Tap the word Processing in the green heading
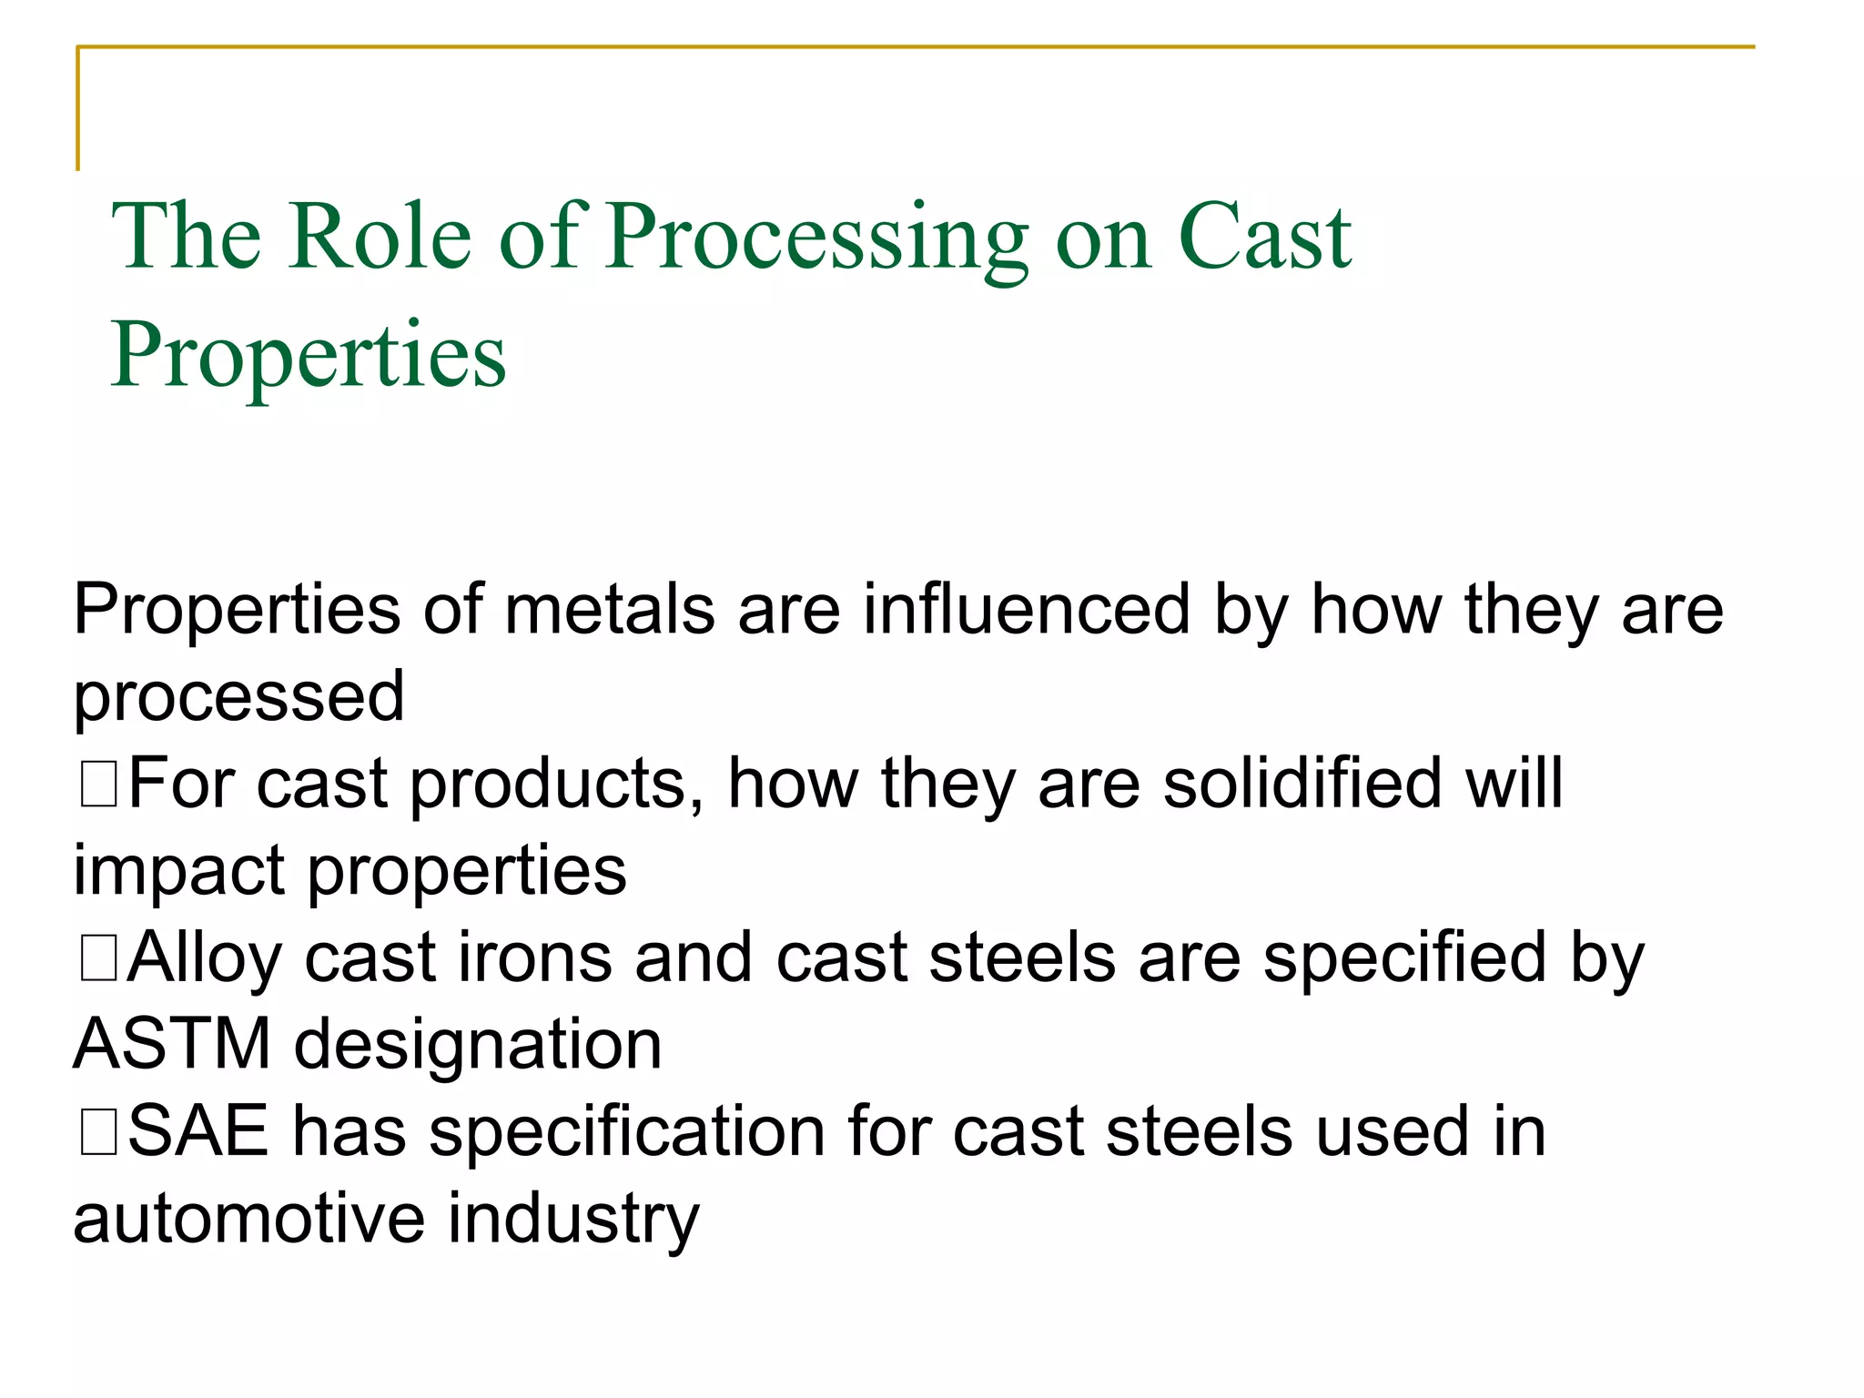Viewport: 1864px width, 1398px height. pyautogui.click(x=817, y=238)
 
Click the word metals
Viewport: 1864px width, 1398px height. pyautogui.click(x=609, y=609)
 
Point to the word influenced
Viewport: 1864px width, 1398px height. pyautogui.click(x=1027, y=609)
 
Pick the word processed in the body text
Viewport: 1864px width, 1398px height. pyautogui.click(x=238, y=697)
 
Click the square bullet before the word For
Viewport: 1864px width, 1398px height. pyautogui.click(x=97, y=785)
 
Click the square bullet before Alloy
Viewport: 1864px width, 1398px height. pyautogui.click(x=97, y=959)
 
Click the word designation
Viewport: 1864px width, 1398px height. pyautogui.click(x=478, y=1044)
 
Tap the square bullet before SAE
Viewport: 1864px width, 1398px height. pyautogui.click(x=97, y=1134)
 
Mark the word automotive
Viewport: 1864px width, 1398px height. pyautogui.click(x=248, y=1219)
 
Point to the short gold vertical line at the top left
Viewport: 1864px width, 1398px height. pyautogui.click(x=78, y=109)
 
